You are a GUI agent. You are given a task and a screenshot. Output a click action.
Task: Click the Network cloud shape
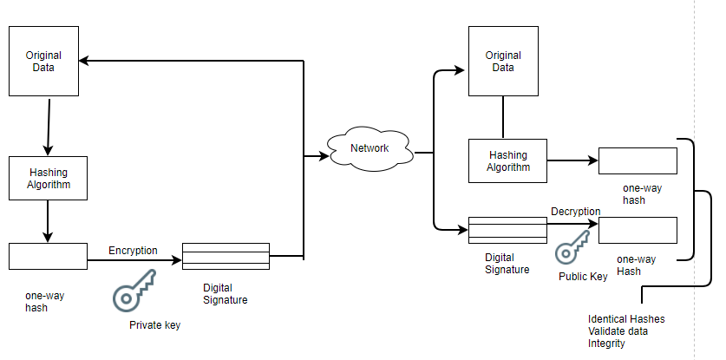pos(370,148)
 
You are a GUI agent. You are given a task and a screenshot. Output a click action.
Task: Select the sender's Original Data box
pos(44,61)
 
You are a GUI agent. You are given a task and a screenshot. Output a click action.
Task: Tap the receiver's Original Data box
pos(503,61)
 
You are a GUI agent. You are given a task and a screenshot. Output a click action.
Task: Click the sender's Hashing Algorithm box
pos(48,179)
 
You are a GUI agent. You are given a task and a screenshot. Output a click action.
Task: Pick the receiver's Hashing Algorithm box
pos(507,160)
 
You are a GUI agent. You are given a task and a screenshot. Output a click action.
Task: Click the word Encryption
pos(133,251)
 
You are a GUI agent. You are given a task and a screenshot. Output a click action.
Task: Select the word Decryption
pos(575,211)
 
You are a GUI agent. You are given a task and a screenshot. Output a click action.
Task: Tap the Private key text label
pos(155,325)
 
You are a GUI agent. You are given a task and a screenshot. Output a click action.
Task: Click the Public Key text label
pos(582,276)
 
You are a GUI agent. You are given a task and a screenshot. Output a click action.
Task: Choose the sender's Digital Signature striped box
pos(226,257)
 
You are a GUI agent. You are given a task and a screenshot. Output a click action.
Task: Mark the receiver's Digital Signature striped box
pos(507,230)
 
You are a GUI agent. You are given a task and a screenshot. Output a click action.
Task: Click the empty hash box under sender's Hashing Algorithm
pos(48,256)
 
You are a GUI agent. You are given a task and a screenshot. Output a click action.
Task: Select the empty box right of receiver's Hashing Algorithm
pos(638,160)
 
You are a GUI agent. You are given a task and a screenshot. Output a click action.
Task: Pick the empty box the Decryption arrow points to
pos(638,230)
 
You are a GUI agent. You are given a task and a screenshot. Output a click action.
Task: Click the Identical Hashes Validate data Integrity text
pos(625,331)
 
